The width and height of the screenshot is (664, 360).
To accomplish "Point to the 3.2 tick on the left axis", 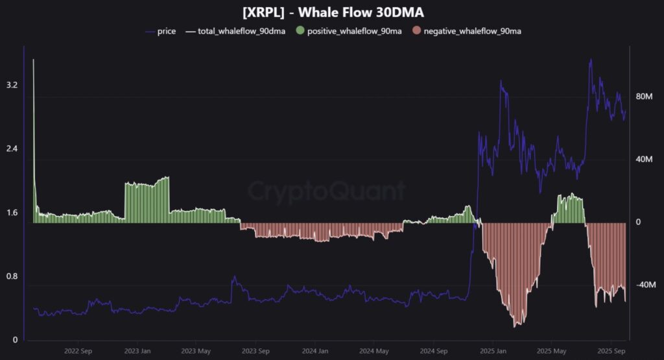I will click(x=11, y=85).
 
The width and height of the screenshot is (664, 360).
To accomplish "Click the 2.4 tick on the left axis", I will click(x=11, y=149).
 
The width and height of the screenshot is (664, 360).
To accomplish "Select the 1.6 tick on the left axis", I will click(x=11, y=213).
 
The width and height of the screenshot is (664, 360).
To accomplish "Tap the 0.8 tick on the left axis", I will click(x=11, y=276).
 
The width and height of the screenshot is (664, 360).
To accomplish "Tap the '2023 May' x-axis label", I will click(x=195, y=351).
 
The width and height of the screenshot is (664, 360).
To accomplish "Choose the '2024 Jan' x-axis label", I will click(x=314, y=351).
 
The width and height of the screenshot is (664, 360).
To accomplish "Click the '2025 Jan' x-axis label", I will click(x=492, y=351).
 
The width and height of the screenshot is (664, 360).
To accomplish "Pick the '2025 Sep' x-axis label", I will click(x=610, y=351).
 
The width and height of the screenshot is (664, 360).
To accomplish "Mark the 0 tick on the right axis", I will click(x=638, y=222).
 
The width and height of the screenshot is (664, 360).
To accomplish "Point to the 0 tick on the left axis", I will click(x=14, y=340).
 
